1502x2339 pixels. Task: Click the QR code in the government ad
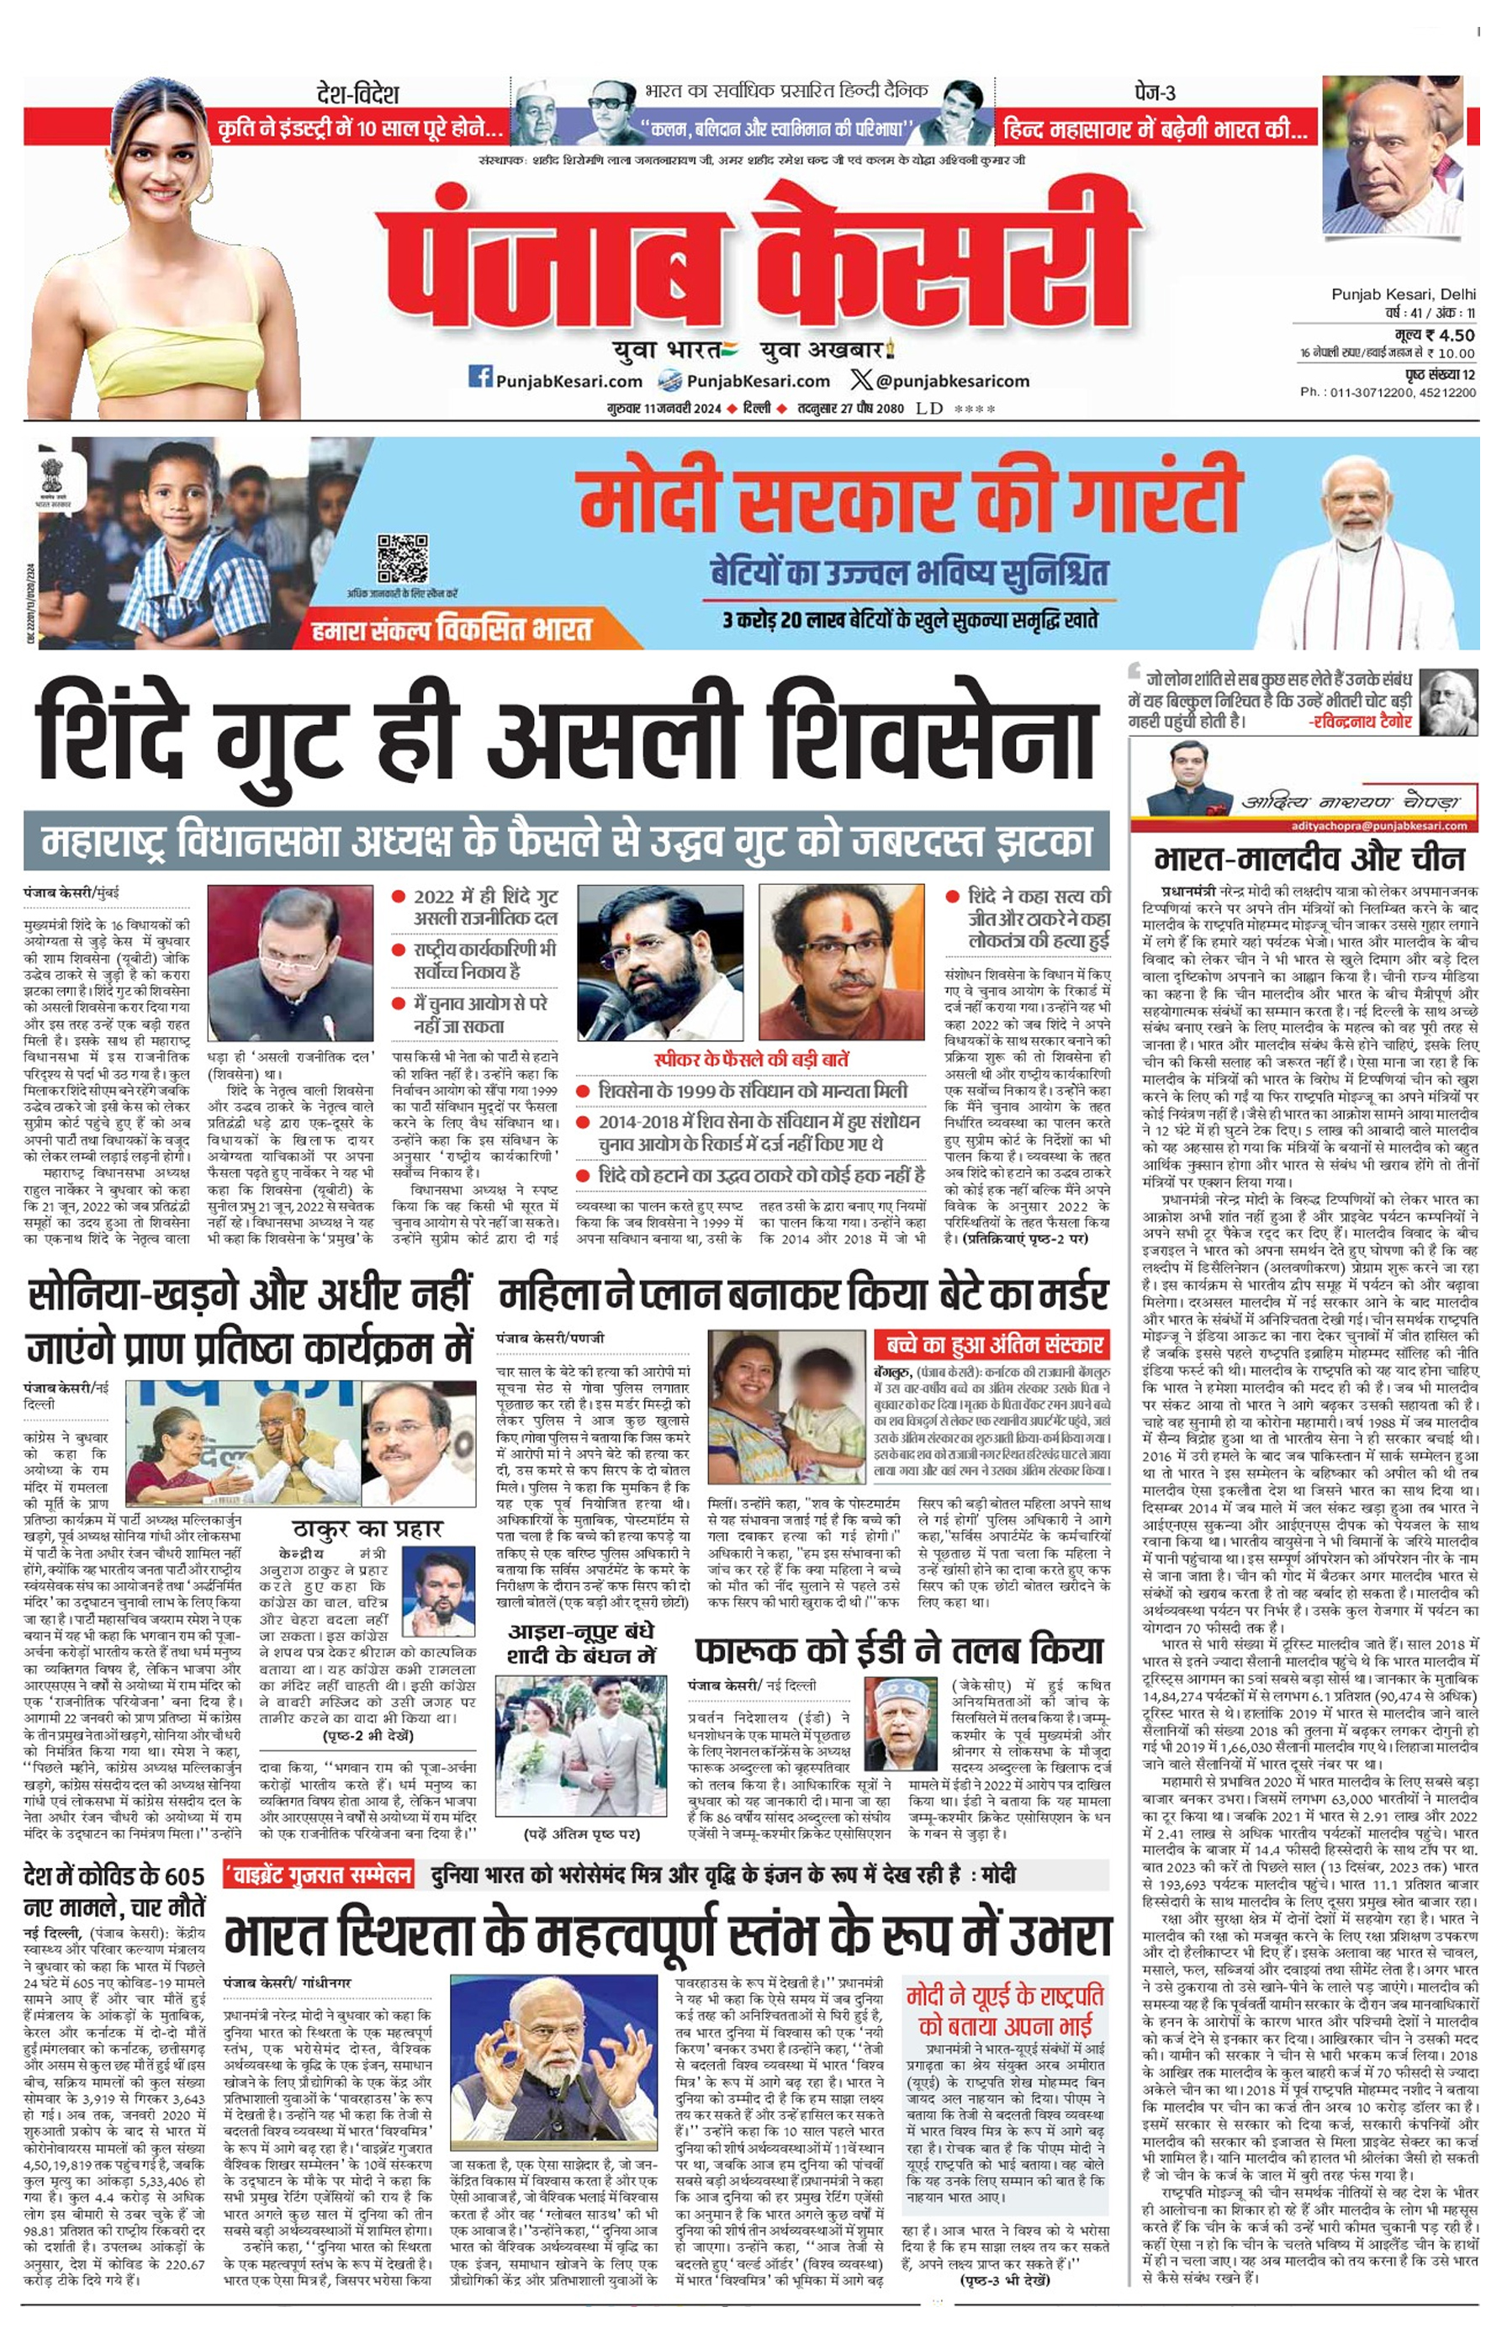pos(402,558)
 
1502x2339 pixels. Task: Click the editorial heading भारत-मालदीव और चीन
pos(1309,860)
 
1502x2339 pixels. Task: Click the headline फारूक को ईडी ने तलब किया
pos(898,1650)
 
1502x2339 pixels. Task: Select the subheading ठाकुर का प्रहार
pos(367,1528)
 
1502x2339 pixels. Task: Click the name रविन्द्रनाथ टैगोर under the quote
pos(1359,722)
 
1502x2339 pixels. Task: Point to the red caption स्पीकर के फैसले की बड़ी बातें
pos(751,1059)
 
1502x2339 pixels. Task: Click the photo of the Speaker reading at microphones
pos(291,960)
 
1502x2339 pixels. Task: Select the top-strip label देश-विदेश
pos(358,94)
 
